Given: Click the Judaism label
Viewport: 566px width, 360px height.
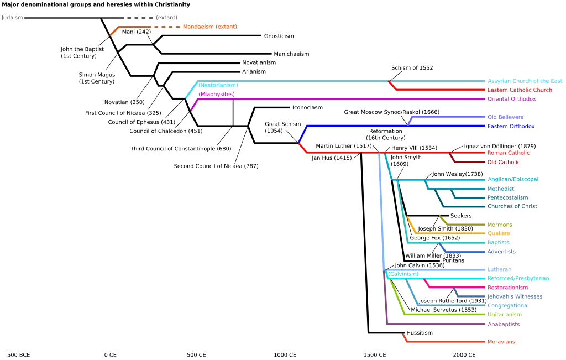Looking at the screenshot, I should [x=12, y=18].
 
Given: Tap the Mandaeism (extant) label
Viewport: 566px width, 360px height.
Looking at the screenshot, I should [x=210, y=27].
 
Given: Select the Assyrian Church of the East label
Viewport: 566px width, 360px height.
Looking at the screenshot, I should [x=525, y=81].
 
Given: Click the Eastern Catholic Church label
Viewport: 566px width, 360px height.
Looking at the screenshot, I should [x=520, y=90].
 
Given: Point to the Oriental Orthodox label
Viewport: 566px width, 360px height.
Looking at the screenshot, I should [x=511, y=99].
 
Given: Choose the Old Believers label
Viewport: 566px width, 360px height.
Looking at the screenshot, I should [x=505, y=117].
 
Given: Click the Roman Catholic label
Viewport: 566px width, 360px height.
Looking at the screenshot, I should [x=508, y=153].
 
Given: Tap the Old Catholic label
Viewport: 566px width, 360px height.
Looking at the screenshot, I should [x=504, y=162].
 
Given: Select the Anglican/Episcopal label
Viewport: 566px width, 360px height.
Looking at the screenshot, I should [x=512, y=179].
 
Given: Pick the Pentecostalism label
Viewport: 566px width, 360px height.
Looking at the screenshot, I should [x=507, y=197].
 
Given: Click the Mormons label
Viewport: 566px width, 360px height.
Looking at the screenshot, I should [x=500, y=225].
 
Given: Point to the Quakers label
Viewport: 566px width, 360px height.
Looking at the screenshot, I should [x=499, y=233].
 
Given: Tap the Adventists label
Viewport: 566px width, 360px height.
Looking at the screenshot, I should [x=501, y=252].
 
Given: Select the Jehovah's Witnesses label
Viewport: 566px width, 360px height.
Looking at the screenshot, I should [x=515, y=296].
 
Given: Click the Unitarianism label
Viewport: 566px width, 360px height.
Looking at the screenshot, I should [x=504, y=315].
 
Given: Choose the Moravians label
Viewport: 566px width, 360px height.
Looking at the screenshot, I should [x=501, y=342].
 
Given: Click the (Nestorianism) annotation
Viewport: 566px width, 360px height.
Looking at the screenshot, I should [x=218, y=85].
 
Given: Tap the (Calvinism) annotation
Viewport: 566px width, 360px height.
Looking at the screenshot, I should [x=403, y=274].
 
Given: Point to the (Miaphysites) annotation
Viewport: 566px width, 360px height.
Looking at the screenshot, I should [x=217, y=95].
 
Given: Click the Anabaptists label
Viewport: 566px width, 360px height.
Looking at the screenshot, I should [x=503, y=324].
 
